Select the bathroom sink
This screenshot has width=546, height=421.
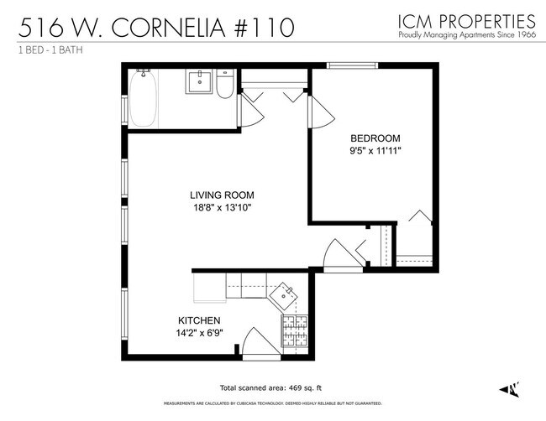(201, 82)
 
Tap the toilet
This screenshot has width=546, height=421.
(225, 86)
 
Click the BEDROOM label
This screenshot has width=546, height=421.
(375, 138)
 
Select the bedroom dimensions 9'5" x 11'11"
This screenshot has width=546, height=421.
(375, 151)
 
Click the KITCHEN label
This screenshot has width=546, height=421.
(199, 320)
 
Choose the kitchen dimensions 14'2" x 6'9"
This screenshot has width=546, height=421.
(199, 334)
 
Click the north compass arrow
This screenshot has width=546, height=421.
(508, 388)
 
